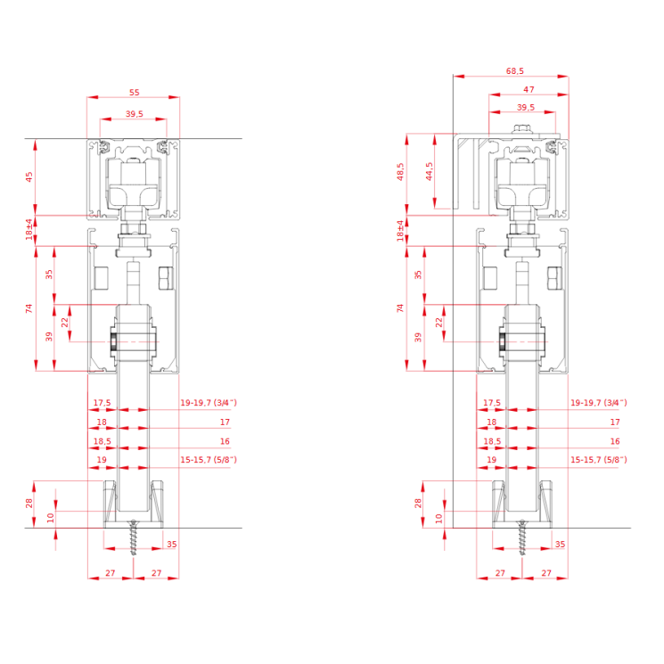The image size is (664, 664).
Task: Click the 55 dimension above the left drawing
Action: pyautogui.click(x=134, y=93)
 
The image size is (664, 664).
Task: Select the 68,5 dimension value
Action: pyautogui.click(x=514, y=71)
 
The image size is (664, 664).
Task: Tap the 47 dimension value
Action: pyautogui.click(x=529, y=89)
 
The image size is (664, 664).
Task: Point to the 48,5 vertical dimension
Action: pyautogui.click(x=400, y=171)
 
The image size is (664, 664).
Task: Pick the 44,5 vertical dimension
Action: pyautogui.click(x=429, y=171)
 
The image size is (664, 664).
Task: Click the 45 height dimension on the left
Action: pyautogui.click(x=29, y=176)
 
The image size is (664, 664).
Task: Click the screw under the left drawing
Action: pyautogui.click(x=134, y=537)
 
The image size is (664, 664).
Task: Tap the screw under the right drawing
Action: pyautogui.click(x=522, y=537)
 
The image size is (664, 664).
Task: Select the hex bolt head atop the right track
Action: pyautogui.click(x=522, y=128)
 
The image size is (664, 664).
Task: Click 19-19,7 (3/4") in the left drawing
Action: pyautogui.click(x=209, y=402)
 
